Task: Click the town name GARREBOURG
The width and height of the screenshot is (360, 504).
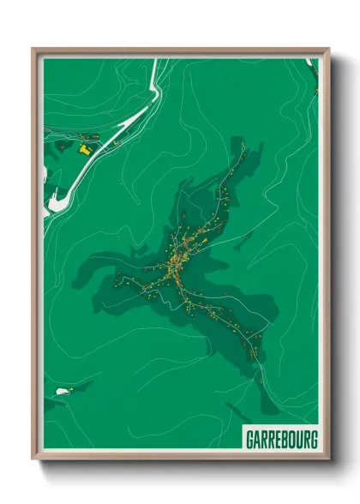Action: pyautogui.click(x=281, y=440)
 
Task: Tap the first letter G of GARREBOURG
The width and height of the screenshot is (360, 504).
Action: pyautogui.click(x=249, y=440)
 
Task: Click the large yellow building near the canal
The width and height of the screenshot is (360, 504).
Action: pyautogui.click(x=85, y=148)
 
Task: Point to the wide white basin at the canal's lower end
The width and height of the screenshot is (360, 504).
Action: pyautogui.click(x=54, y=202)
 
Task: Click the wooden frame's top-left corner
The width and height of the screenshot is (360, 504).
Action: pyautogui.click(x=33, y=50)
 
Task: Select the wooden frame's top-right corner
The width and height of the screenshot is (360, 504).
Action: pyautogui.click(x=328, y=50)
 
